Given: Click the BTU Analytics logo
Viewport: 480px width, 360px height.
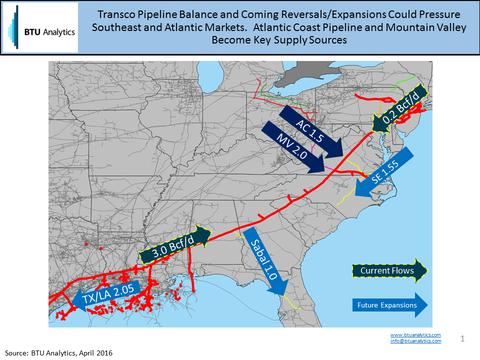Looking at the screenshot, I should [40, 27].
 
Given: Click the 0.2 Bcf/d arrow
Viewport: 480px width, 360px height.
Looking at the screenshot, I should [400, 108].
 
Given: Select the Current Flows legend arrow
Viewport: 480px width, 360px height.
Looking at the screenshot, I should [387, 270].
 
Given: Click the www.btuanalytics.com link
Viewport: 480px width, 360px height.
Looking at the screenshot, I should [415, 334].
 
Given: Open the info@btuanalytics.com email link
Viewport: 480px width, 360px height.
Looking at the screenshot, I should [415, 341].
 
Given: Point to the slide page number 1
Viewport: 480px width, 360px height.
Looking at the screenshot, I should [462, 339].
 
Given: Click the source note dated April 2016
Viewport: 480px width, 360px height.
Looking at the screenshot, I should [59, 353].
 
